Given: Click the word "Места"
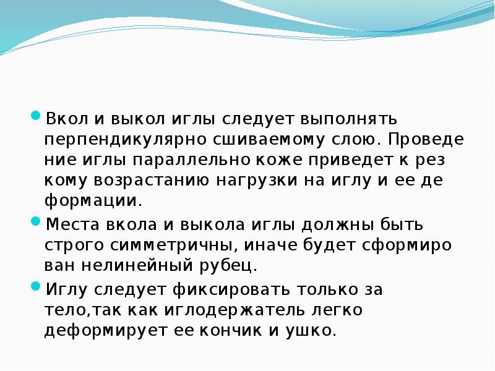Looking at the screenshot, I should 75,223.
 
